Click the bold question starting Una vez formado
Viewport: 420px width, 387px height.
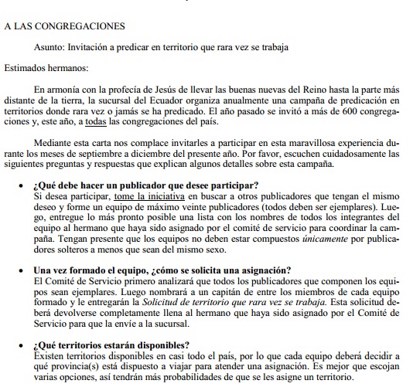tap(162, 270)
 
